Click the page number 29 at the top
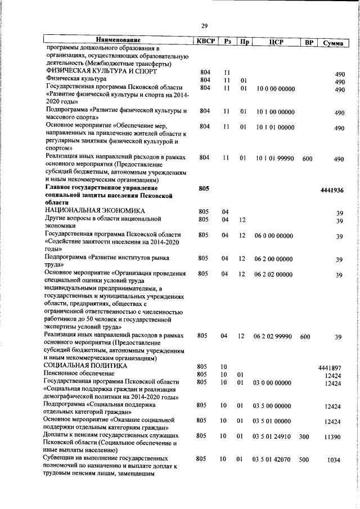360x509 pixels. pyautogui.click(x=205, y=25)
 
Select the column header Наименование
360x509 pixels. pyautogui.click(x=118, y=40)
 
